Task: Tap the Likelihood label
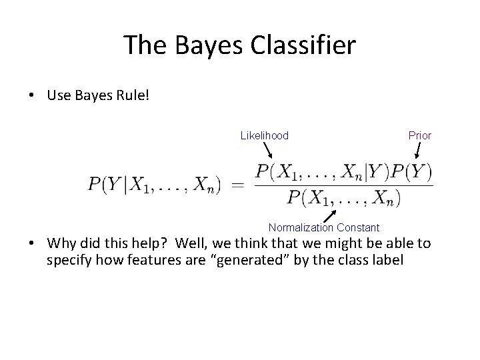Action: pos(264,136)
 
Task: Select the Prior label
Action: pos(419,136)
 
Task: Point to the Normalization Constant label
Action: pos(324,228)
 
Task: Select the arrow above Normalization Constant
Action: pos(329,215)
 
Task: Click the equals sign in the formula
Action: pos(237,185)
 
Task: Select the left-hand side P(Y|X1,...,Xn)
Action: pos(154,185)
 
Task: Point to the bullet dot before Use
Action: pos(32,97)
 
